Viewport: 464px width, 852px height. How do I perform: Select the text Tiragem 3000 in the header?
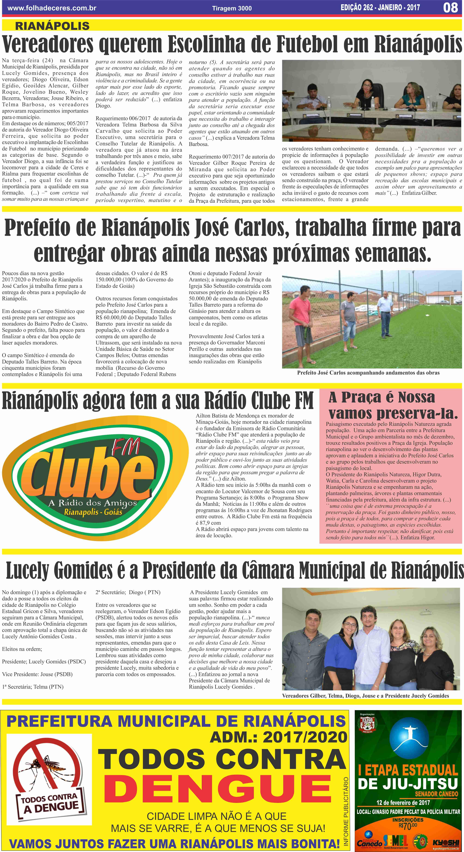[x=232, y=8]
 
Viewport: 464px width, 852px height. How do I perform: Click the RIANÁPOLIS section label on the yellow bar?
[x=52, y=26]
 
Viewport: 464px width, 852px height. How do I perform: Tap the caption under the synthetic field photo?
[x=368, y=373]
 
